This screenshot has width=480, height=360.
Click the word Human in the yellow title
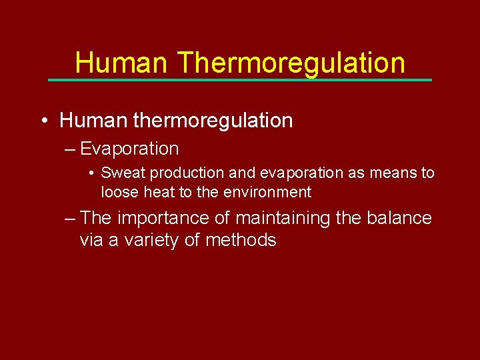click(122, 63)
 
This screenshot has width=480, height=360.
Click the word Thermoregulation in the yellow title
click(291, 63)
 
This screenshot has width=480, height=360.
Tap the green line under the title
click(240, 80)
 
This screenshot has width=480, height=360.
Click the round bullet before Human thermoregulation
click(43, 121)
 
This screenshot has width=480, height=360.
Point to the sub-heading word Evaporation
click(129, 149)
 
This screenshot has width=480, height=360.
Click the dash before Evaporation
click(70, 149)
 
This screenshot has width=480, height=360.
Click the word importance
click(164, 218)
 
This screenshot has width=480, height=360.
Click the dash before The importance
click(70, 218)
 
